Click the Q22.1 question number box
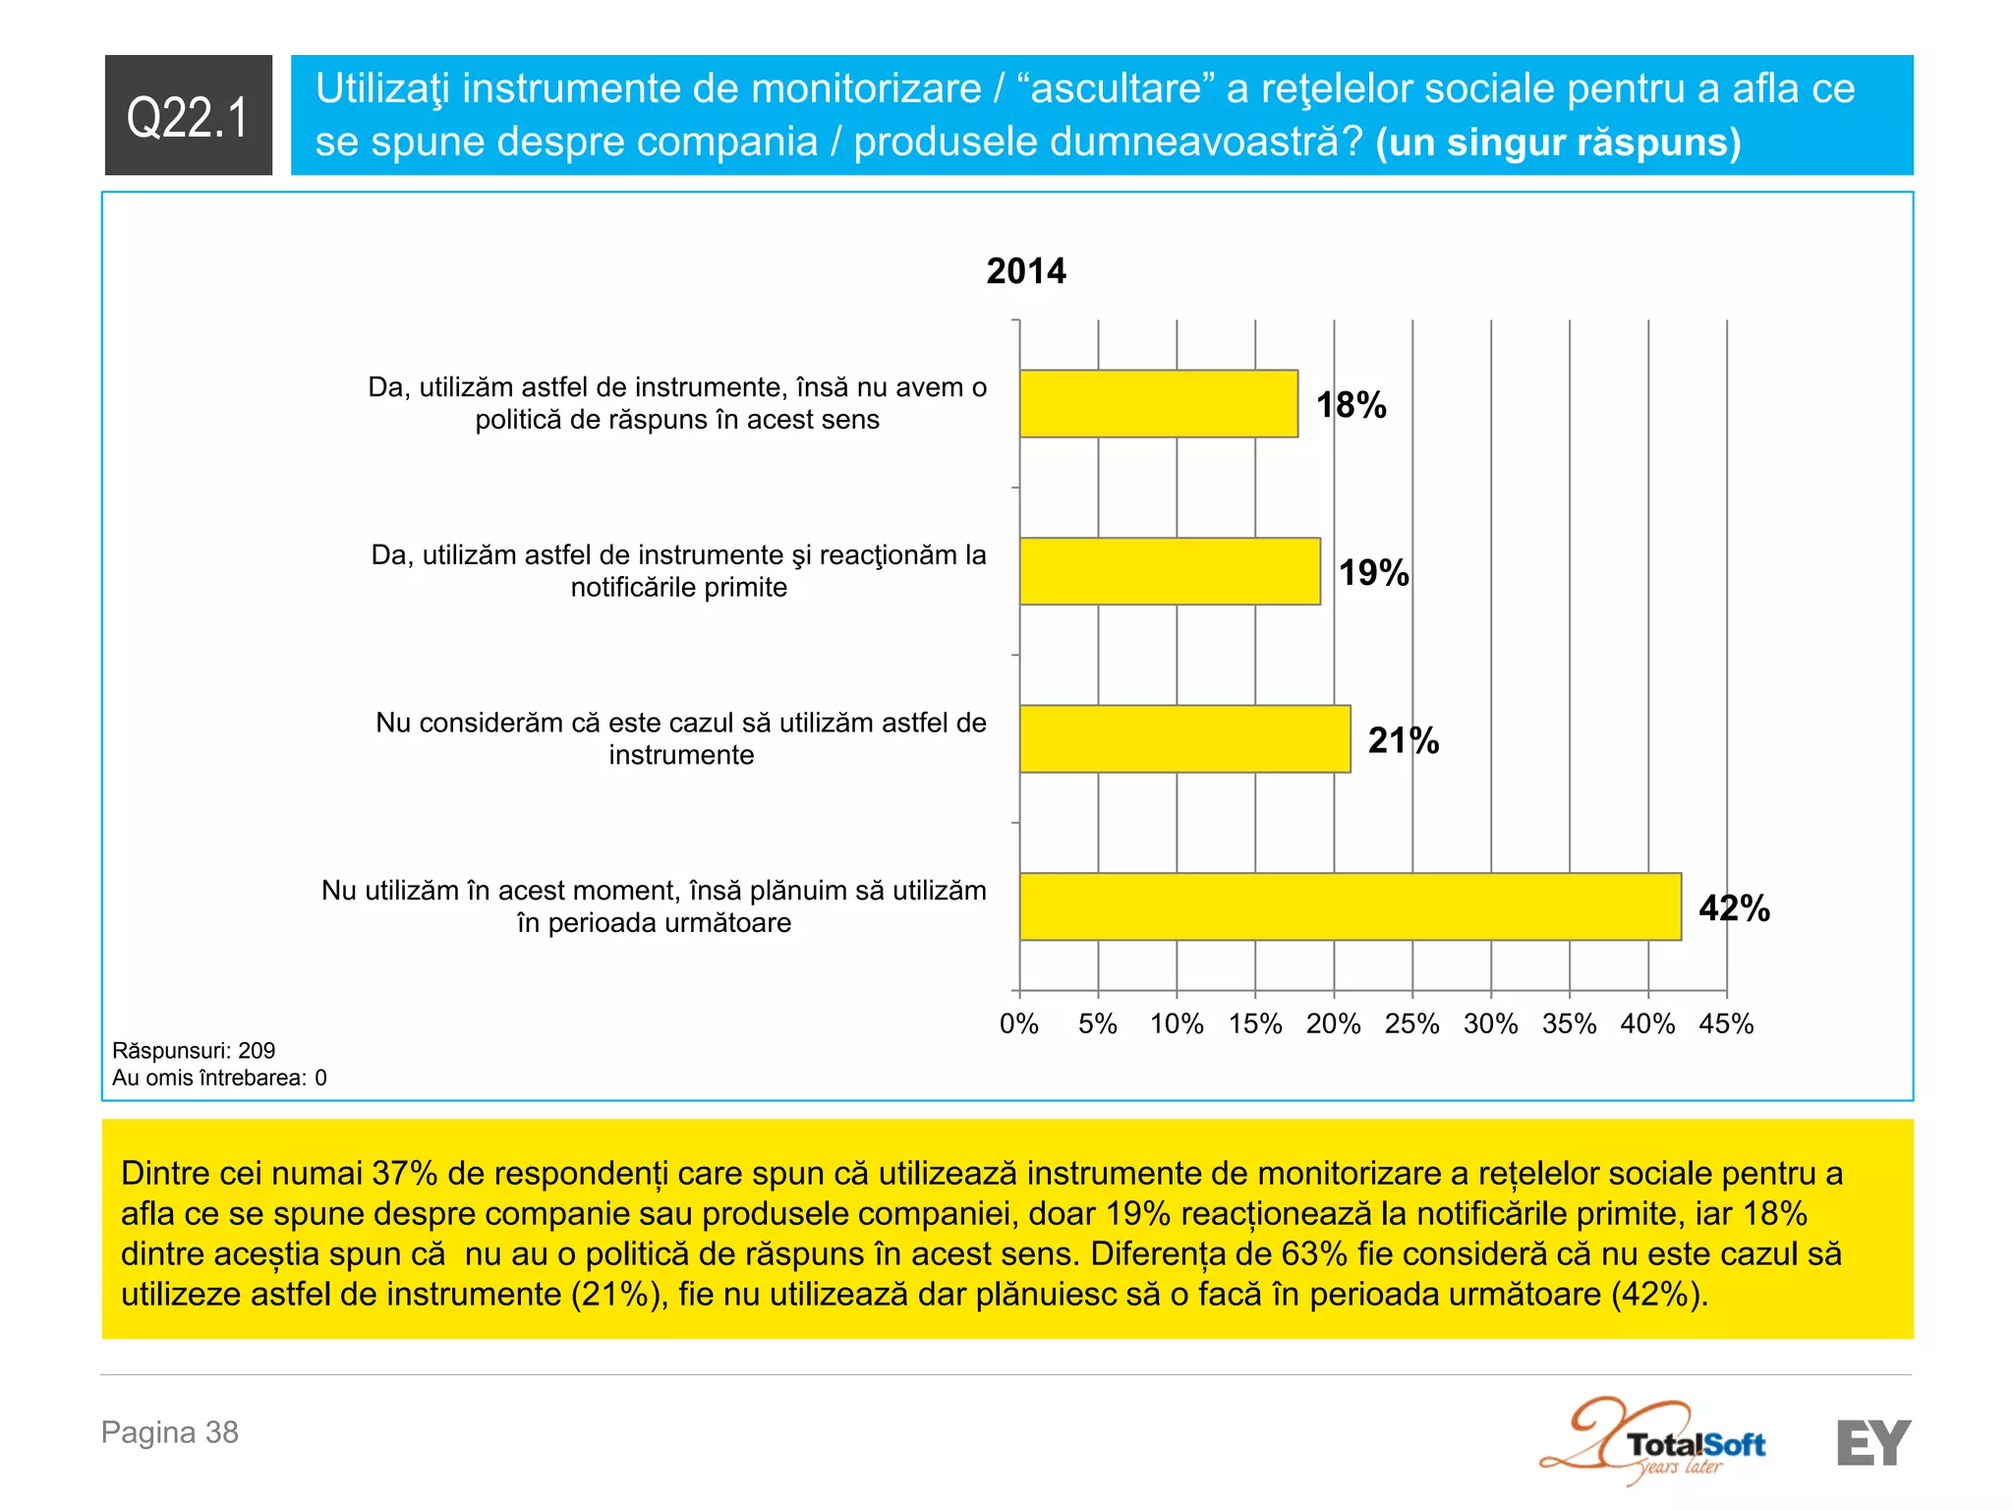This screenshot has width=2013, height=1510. [x=188, y=115]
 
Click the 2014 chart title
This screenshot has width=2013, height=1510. [x=1025, y=271]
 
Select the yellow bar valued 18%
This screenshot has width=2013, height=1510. [x=1158, y=403]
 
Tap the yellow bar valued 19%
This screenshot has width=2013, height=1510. [x=1170, y=571]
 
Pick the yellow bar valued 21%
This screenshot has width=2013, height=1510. [x=1184, y=738]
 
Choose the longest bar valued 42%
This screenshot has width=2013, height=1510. [x=1350, y=906]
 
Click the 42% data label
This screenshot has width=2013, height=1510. [x=1734, y=908]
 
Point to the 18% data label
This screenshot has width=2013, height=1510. [x=1351, y=405]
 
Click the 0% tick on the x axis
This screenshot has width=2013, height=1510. [x=1019, y=1023]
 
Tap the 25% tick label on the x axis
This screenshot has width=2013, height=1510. [x=1411, y=1023]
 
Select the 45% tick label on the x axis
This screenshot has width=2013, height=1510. [x=1726, y=1023]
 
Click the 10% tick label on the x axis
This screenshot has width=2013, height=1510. [x=1177, y=1023]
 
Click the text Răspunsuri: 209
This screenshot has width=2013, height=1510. [x=194, y=1050]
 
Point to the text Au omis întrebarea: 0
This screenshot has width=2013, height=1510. [x=219, y=1077]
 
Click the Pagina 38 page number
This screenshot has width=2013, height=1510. [x=170, y=1432]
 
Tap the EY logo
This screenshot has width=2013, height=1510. [x=1873, y=1442]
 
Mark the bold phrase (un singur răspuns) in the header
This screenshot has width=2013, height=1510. [x=1558, y=143]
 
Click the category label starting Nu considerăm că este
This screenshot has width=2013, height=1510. [x=680, y=738]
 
